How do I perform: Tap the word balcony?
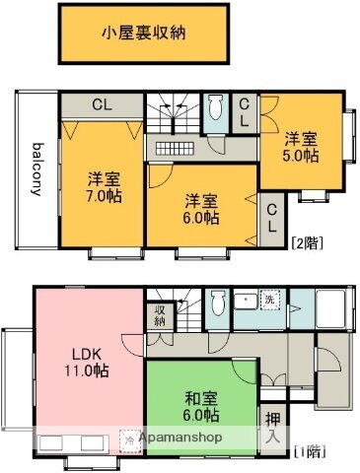(36, 170)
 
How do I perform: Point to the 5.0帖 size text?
(303, 156)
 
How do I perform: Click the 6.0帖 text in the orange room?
(199, 218)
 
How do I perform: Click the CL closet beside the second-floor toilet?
(245, 111)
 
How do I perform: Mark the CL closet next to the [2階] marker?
(271, 216)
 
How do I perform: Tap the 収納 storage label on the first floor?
(160, 315)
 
